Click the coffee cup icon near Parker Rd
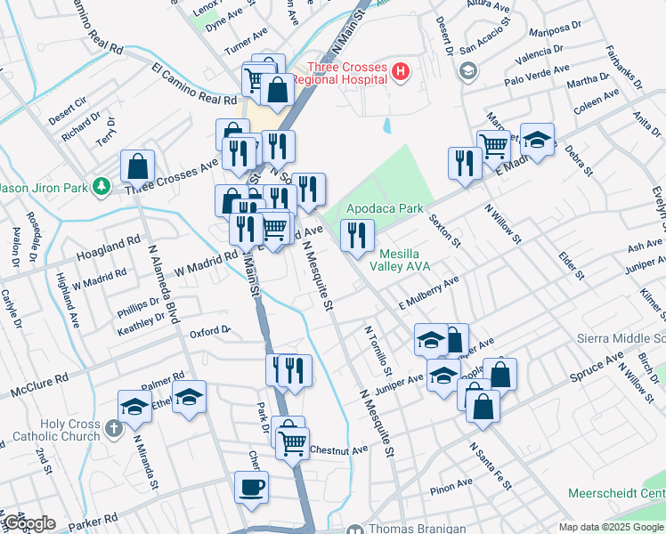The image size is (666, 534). pyautogui.click(x=251, y=487)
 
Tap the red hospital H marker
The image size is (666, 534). pyautogui.click(x=401, y=69)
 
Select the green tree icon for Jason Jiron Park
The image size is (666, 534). pyautogui.click(x=103, y=186)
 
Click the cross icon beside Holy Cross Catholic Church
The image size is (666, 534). pyautogui.click(x=112, y=429)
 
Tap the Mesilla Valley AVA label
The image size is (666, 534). pyautogui.click(x=411, y=261)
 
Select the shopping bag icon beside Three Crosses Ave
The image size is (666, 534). pyautogui.click(x=139, y=166)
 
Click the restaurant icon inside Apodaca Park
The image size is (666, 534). pyautogui.click(x=357, y=235)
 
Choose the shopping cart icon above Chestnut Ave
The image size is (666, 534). pyautogui.click(x=292, y=442)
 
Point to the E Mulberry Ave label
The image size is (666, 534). pyautogui.click(x=428, y=295)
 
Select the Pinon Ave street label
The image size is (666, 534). pyautogui.click(x=452, y=485)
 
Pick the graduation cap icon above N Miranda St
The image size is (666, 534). pyautogui.click(x=134, y=406)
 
